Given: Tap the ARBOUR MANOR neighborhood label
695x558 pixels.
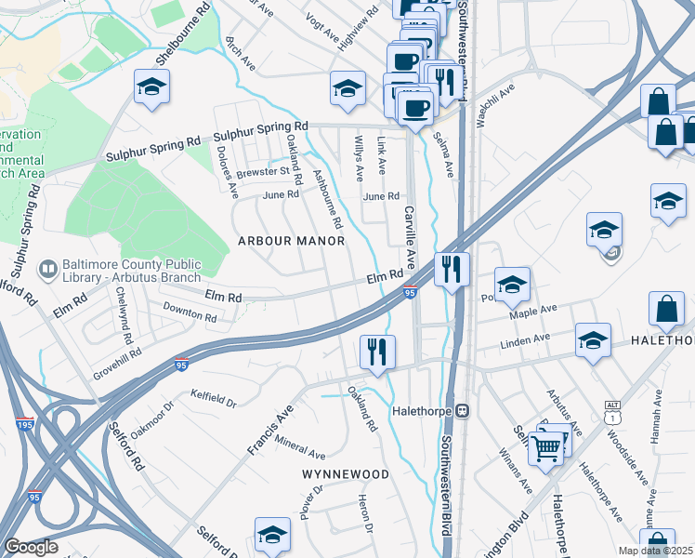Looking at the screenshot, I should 291,241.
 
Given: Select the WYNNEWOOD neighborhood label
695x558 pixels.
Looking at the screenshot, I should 346,474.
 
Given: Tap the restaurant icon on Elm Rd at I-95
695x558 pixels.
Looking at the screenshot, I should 452,271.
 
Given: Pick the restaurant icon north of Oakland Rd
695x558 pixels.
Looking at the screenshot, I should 377,352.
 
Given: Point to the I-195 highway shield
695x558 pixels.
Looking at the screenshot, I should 25,424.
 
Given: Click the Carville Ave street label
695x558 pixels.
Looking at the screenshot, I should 409,232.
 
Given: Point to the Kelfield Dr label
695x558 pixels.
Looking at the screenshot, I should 214,398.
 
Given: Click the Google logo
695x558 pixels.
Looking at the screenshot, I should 31,547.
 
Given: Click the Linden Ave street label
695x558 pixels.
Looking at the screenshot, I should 526,343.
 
